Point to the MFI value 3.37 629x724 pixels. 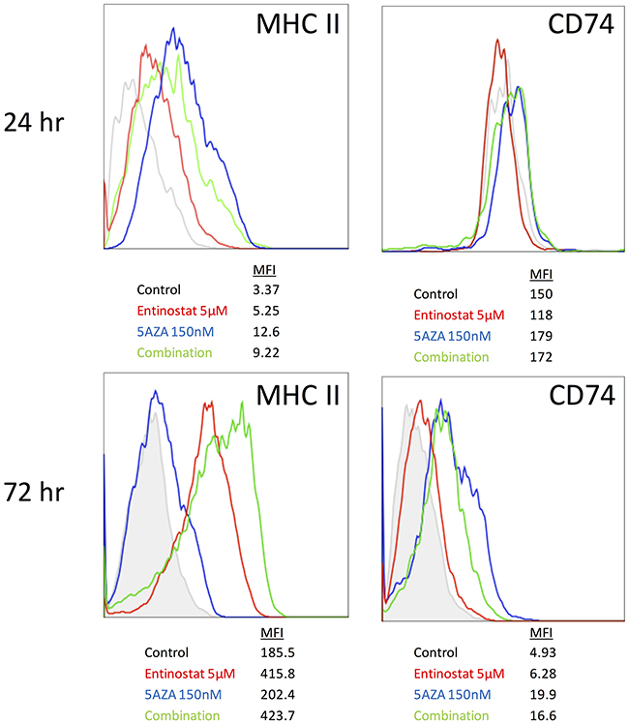coord(264,288)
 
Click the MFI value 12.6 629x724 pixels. coord(264,331)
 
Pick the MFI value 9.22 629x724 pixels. coord(264,352)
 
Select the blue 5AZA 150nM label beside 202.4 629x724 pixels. coord(183,694)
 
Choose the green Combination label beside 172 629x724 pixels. coord(452,357)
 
